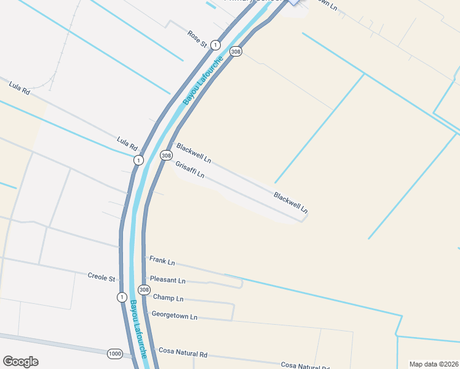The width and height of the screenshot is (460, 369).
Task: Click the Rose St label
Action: coord(197,39)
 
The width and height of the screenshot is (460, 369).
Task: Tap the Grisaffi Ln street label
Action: coord(189,170)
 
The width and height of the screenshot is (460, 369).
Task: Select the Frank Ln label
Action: coord(162,261)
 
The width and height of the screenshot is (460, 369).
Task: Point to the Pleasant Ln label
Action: coord(167,280)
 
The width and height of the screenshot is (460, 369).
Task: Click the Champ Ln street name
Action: coord(168,298)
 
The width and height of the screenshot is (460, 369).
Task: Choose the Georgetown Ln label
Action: coord(175,317)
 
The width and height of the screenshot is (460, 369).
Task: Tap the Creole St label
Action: coord(101,278)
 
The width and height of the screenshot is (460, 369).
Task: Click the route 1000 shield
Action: coord(114,354)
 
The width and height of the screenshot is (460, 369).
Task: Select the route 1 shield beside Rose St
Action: coord(215,45)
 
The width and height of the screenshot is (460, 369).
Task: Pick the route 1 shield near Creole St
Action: coord(122,297)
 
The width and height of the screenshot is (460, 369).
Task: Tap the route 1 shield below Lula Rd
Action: coord(138,161)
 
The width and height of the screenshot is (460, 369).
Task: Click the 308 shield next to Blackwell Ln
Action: coord(166,156)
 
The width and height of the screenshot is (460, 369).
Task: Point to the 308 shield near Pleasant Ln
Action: coord(144,290)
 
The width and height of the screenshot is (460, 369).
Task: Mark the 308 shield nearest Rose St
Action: coord(236,52)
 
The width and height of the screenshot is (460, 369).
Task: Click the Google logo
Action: coord(20,362)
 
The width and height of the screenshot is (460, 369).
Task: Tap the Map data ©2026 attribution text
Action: coord(434,364)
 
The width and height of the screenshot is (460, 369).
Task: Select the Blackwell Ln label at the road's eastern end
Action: coord(291,203)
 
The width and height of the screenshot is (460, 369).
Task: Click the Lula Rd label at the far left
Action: coord(19,88)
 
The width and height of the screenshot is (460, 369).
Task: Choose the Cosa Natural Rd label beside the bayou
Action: coord(183,354)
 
